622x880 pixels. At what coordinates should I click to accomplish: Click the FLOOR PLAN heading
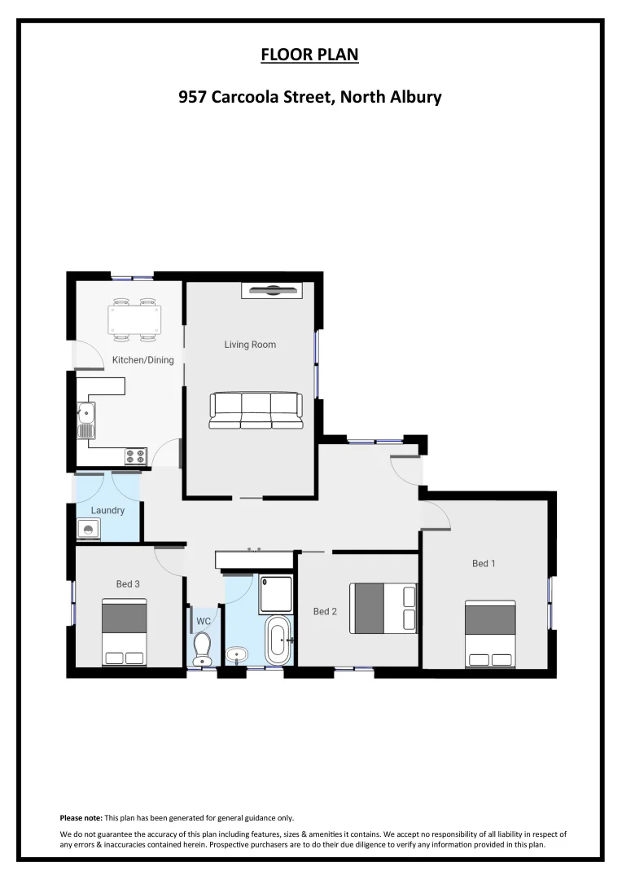309,55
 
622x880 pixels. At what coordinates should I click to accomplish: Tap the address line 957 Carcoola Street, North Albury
309,98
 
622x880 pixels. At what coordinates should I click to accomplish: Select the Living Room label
250,345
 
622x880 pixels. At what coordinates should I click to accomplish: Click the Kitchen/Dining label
142,360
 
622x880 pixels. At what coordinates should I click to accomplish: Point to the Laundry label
107,511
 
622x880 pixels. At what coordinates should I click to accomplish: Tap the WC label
204,621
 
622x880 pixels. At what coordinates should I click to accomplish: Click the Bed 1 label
484,563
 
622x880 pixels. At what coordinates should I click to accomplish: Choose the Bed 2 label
325,611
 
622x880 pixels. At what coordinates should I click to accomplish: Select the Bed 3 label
128,583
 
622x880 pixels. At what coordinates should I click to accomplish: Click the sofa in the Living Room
256,410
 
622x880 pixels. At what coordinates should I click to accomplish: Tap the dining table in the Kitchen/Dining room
135,319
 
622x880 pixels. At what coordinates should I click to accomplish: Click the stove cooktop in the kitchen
136,456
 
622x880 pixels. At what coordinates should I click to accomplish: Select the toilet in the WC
202,649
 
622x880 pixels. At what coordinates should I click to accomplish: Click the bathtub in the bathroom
278,640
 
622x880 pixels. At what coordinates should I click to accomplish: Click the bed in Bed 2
383,608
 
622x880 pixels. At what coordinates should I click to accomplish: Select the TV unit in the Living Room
272,290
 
